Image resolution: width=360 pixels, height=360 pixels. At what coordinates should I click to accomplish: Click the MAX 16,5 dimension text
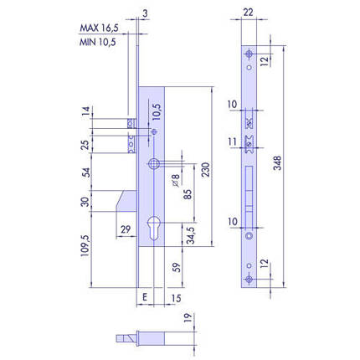click(x=99, y=28)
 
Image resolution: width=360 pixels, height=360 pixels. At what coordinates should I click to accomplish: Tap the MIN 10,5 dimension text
click(x=98, y=42)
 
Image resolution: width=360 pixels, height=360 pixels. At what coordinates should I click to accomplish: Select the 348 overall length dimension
click(x=277, y=163)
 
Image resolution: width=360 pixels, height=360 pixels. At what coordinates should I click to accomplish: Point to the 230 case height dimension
click(x=205, y=170)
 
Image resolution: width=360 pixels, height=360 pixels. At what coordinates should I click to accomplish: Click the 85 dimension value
click(x=188, y=194)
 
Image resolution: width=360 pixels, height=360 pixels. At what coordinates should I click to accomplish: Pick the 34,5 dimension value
click(x=191, y=235)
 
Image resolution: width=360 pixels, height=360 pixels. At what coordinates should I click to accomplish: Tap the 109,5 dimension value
click(x=85, y=245)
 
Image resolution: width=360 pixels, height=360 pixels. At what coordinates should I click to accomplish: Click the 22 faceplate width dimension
click(x=248, y=13)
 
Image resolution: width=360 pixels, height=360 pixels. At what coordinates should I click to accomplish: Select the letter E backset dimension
click(x=145, y=297)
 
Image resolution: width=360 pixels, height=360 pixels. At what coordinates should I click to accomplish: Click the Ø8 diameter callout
click(x=176, y=180)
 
